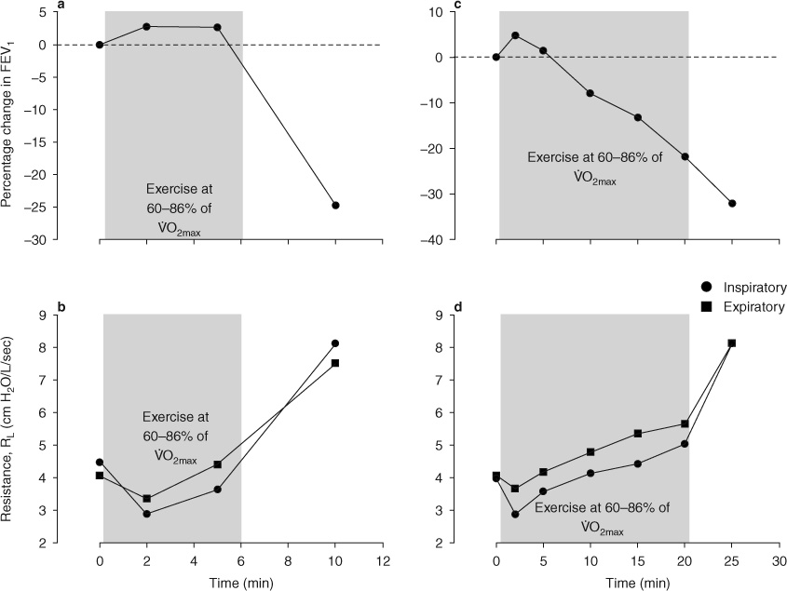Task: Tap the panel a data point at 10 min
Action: tap(335, 205)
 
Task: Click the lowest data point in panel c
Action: tap(732, 203)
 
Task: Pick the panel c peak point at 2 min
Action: tap(515, 35)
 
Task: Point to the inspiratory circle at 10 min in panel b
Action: tap(335, 343)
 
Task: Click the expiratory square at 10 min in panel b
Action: tap(335, 363)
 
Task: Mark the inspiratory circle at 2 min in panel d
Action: tap(515, 514)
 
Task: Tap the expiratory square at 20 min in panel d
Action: tap(685, 423)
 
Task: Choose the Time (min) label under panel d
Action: tap(637, 581)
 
